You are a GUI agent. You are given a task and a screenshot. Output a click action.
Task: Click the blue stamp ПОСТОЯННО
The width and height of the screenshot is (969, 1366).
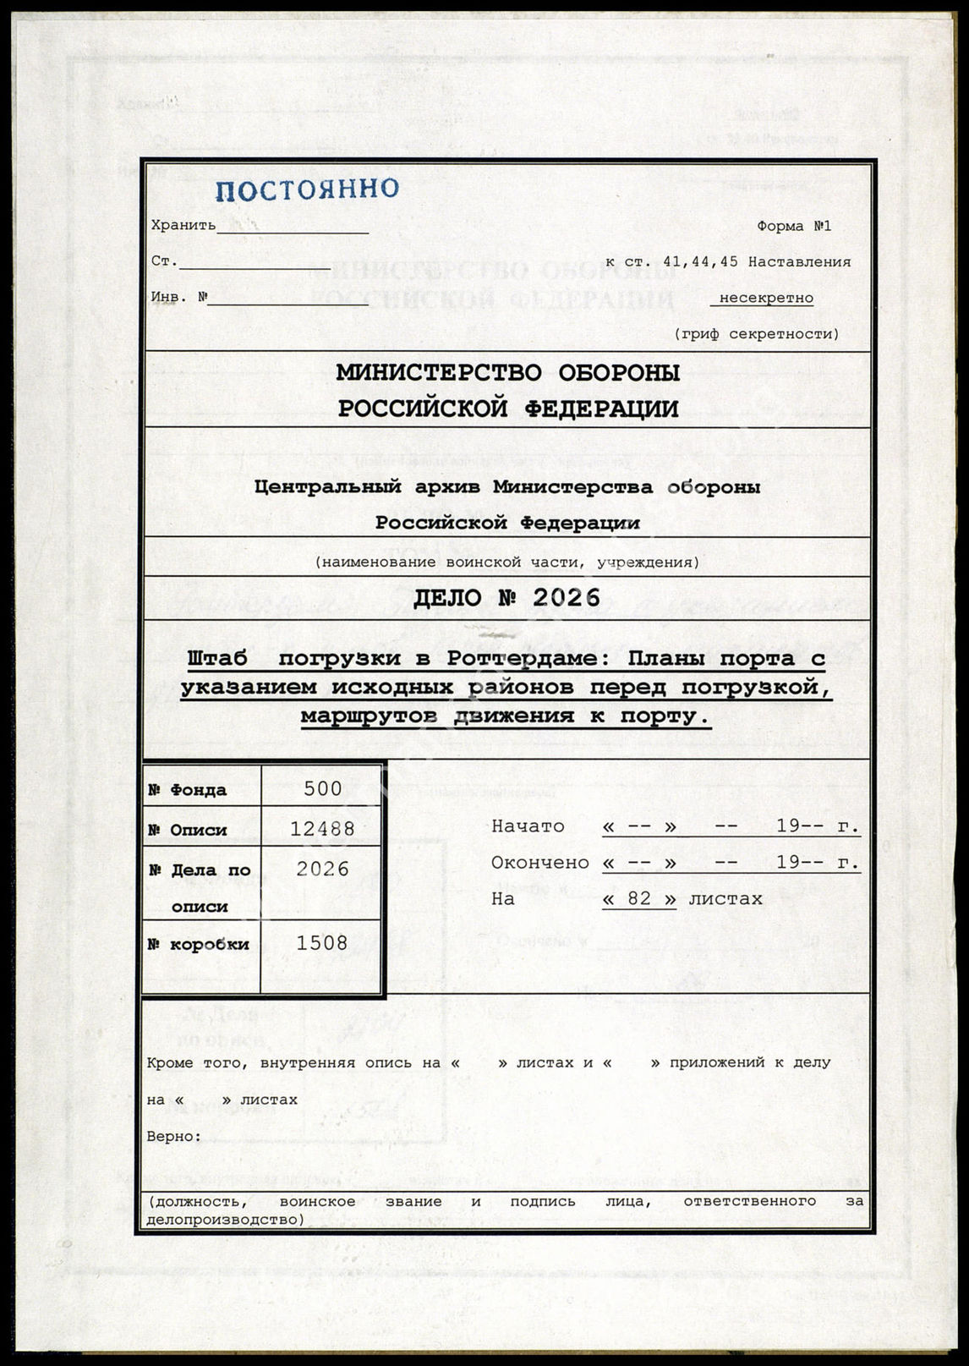tap(306, 189)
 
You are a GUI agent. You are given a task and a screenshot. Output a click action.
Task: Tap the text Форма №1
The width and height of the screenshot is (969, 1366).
tap(793, 227)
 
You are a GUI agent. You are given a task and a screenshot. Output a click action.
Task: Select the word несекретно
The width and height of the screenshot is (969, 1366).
tap(765, 299)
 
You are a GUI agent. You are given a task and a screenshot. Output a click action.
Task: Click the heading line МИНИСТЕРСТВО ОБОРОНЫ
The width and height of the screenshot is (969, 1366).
tap(508, 373)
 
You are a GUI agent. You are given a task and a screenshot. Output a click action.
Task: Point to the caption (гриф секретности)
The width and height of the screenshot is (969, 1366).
tap(757, 334)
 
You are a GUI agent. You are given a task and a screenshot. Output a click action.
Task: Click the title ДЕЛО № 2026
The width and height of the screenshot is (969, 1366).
tap(506, 598)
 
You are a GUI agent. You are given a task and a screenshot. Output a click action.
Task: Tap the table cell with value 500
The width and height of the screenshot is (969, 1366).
tap(322, 789)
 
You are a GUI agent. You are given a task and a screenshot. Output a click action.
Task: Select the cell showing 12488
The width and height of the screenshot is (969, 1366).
tap(322, 829)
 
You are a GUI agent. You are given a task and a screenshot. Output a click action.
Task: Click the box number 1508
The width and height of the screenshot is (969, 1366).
tap(322, 943)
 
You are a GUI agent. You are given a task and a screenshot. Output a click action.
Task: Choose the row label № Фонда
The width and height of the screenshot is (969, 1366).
tap(187, 790)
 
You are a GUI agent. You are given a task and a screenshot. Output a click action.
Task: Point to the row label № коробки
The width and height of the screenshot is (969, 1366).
tap(198, 944)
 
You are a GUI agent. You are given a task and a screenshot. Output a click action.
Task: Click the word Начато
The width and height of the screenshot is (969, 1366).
tap(528, 826)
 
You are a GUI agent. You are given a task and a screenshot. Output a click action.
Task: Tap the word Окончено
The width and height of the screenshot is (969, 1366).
tap(539, 863)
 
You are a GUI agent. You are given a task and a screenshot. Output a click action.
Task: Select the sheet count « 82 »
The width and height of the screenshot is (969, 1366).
tap(639, 898)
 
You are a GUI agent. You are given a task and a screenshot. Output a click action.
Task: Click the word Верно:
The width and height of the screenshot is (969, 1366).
tap(174, 1136)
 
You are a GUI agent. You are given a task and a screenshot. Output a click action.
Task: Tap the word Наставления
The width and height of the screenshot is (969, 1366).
tap(799, 262)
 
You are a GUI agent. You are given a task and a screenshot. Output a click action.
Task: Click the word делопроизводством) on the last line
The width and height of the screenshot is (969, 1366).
tap(225, 1219)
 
